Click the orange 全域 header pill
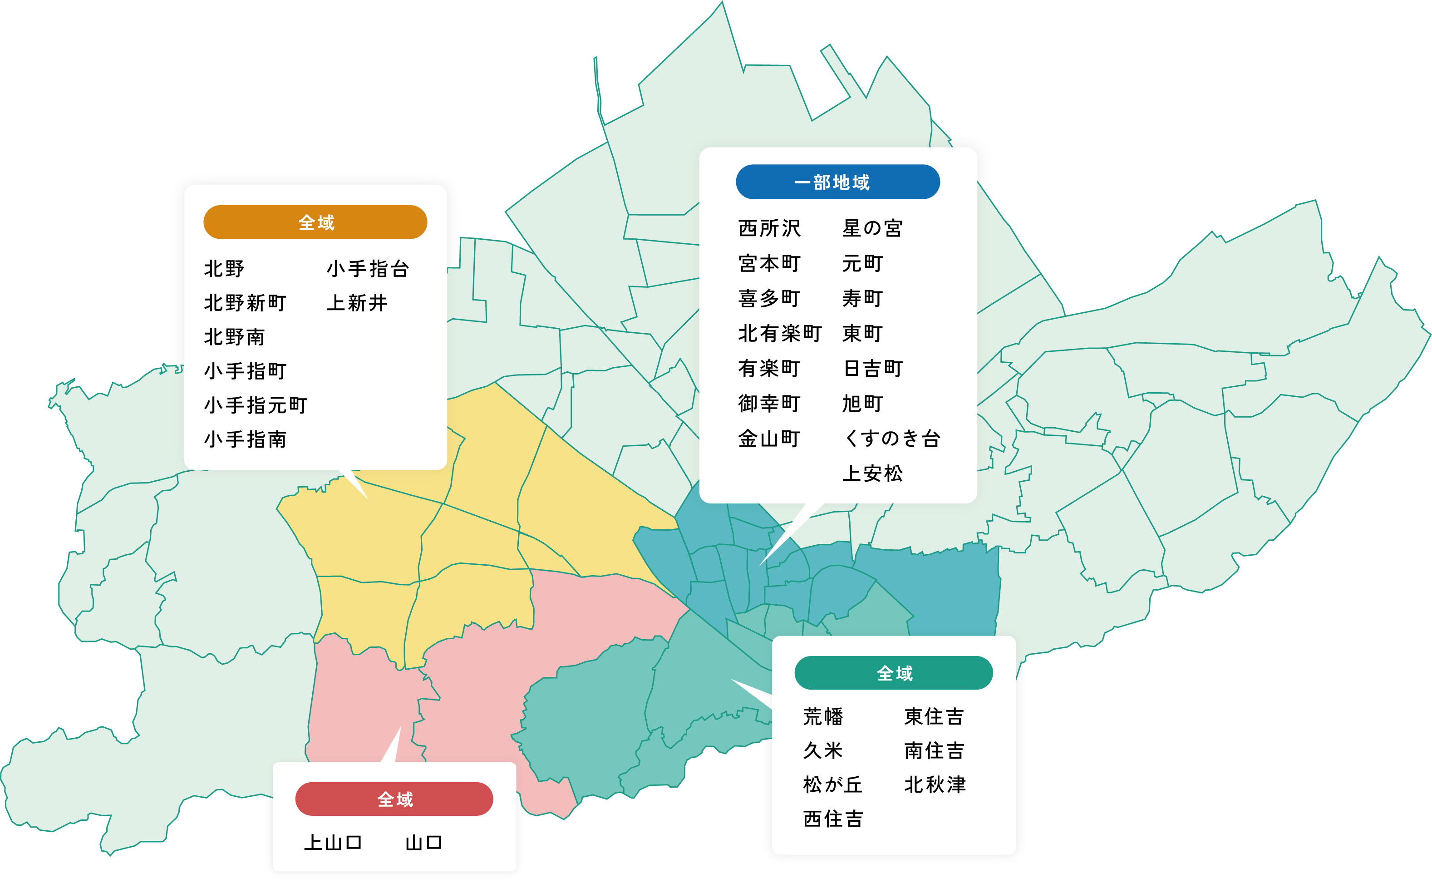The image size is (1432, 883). [315, 222]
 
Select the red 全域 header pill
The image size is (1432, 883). [394, 799]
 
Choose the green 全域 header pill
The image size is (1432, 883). [893, 673]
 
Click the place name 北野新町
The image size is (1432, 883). [245, 303]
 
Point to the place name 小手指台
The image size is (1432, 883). [368, 269]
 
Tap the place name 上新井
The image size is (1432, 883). [357, 303]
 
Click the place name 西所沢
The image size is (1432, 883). [769, 228]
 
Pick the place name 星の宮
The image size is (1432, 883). [872, 228]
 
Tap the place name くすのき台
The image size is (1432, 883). [891, 439]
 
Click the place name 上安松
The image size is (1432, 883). [872, 474]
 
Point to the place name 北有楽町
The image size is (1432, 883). [780, 334]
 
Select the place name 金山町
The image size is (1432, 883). [769, 439]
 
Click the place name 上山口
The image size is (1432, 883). [333, 843]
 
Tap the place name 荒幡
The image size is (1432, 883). [823, 716]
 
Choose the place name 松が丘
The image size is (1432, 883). [833, 785]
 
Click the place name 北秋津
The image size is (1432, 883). [935, 785]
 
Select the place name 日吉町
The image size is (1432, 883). [873, 369]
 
